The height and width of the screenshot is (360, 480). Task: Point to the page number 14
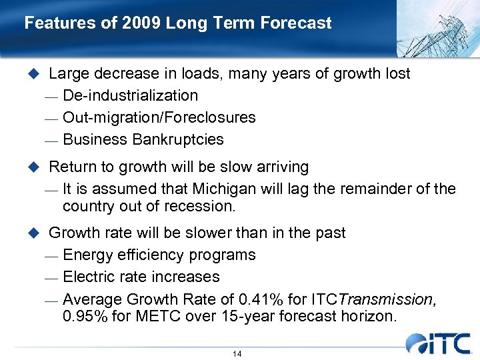(237, 353)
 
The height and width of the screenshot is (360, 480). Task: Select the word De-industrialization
(130, 95)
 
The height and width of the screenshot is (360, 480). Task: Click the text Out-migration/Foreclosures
(159, 117)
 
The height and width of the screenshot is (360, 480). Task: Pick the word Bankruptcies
(178, 139)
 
